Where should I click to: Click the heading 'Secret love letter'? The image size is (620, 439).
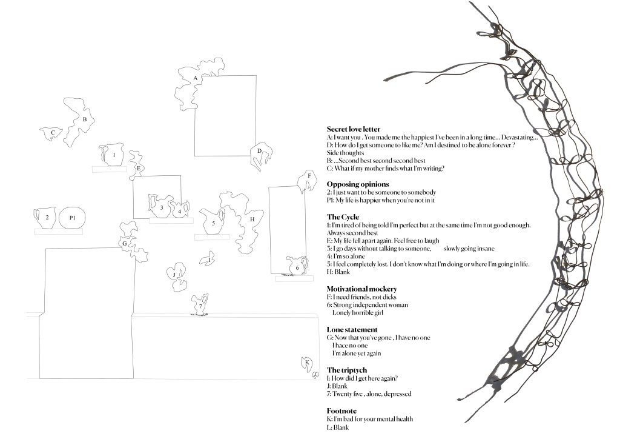tap(353, 129)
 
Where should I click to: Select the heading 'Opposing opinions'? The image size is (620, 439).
tap(357, 184)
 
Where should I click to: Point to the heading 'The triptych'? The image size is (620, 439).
tap(346, 370)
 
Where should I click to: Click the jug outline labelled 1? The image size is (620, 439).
tap(113, 155)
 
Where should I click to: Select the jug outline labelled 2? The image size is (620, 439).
tap(46, 217)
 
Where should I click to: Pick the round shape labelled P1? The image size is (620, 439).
tap(72, 218)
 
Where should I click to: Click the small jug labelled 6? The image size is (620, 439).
tap(297, 266)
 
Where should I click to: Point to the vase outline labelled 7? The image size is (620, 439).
tap(200, 304)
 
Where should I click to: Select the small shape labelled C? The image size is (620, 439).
tap(51, 133)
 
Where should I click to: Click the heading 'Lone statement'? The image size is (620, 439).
tap(352, 329)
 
